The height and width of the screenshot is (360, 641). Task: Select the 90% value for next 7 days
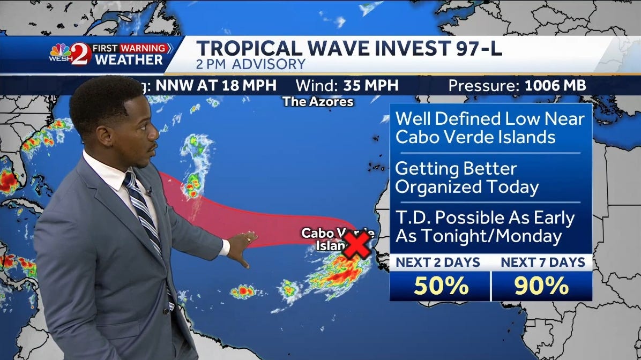pos(542,287)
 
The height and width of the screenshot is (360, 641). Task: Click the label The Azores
pos(318,101)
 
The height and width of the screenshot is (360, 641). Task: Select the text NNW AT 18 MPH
pos(216,85)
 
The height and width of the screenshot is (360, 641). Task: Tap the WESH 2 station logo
pos(69,55)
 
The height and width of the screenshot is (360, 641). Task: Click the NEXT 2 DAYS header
pos(438,262)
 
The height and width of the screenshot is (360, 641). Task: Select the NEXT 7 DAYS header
pos(542,262)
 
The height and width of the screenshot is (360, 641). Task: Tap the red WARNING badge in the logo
pos(143,48)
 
